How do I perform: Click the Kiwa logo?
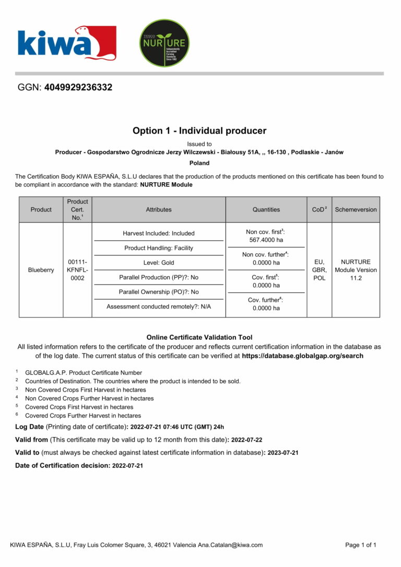pyautogui.click(x=66, y=43)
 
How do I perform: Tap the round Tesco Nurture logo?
pyautogui.click(x=164, y=43)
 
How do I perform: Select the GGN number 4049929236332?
pyautogui.click(x=78, y=88)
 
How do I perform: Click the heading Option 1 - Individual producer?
pyautogui.click(x=199, y=131)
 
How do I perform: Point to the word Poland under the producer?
pyautogui.click(x=199, y=163)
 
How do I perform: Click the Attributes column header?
pyautogui.click(x=159, y=210)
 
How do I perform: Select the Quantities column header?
pyautogui.click(x=266, y=210)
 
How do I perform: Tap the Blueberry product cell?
pyautogui.click(x=41, y=270)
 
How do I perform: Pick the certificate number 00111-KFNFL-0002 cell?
pyautogui.click(x=77, y=270)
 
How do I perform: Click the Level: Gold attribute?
pyautogui.click(x=159, y=263)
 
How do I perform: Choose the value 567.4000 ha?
pyautogui.click(x=266, y=240)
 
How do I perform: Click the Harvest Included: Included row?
pyautogui.click(x=159, y=233)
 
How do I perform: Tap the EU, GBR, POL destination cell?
pyautogui.click(x=319, y=270)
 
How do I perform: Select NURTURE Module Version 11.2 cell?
pyautogui.click(x=356, y=270)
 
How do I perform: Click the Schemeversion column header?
pyautogui.click(x=356, y=210)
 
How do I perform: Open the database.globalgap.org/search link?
pyautogui.click(x=303, y=356)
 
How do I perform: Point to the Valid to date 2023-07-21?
pyautogui.click(x=283, y=453)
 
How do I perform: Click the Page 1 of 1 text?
pyautogui.click(x=361, y=545)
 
